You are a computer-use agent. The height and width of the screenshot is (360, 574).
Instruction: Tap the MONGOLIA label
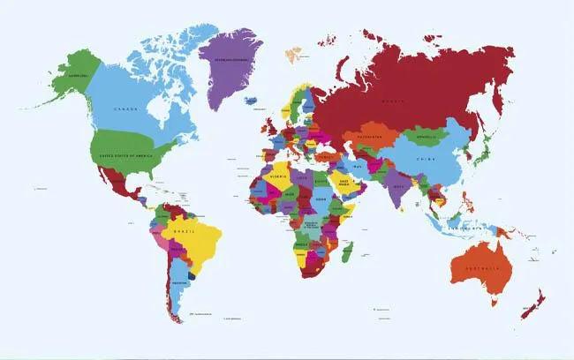coord(427,137)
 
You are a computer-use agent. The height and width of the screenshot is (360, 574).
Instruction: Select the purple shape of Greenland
coord(234,66)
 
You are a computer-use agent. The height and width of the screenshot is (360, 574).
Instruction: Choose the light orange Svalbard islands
coord(292,54)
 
